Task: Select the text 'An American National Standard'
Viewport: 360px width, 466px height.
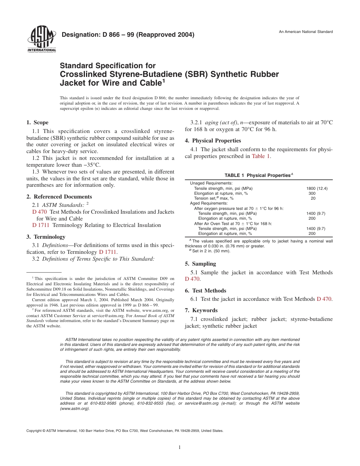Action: click(306, 32)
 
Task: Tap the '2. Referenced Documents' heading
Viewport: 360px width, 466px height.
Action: click(59, 197)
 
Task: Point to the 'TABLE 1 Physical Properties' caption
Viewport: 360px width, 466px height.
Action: click(259, 175)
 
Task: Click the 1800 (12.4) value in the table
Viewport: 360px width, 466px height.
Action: click(316, 188)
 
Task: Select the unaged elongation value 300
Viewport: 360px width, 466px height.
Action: click(312, 193)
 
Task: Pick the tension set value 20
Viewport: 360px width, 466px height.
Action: click(313, 198)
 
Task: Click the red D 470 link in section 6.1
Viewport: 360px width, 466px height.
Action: click(324, 299)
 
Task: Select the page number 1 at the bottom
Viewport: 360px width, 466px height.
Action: click(180, 447)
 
